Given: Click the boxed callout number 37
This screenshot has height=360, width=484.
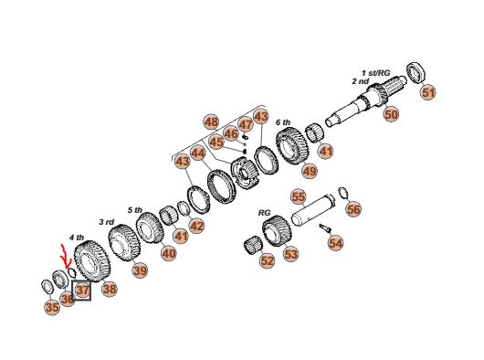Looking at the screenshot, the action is [81, 291].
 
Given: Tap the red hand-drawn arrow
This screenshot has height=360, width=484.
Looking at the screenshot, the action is [65, 257].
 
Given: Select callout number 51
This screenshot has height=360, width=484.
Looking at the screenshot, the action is [428, 92].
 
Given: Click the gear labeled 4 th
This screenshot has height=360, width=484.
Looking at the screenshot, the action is [92, 261].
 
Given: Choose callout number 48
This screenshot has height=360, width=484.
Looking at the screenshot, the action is [211, 122].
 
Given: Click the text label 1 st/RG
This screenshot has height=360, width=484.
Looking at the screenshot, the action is [376, 73].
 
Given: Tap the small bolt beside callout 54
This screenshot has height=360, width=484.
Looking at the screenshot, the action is [325, 228].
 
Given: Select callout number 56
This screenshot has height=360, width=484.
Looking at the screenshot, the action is [353, 209].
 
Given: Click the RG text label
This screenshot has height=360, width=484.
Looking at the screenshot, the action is [264, 213].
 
